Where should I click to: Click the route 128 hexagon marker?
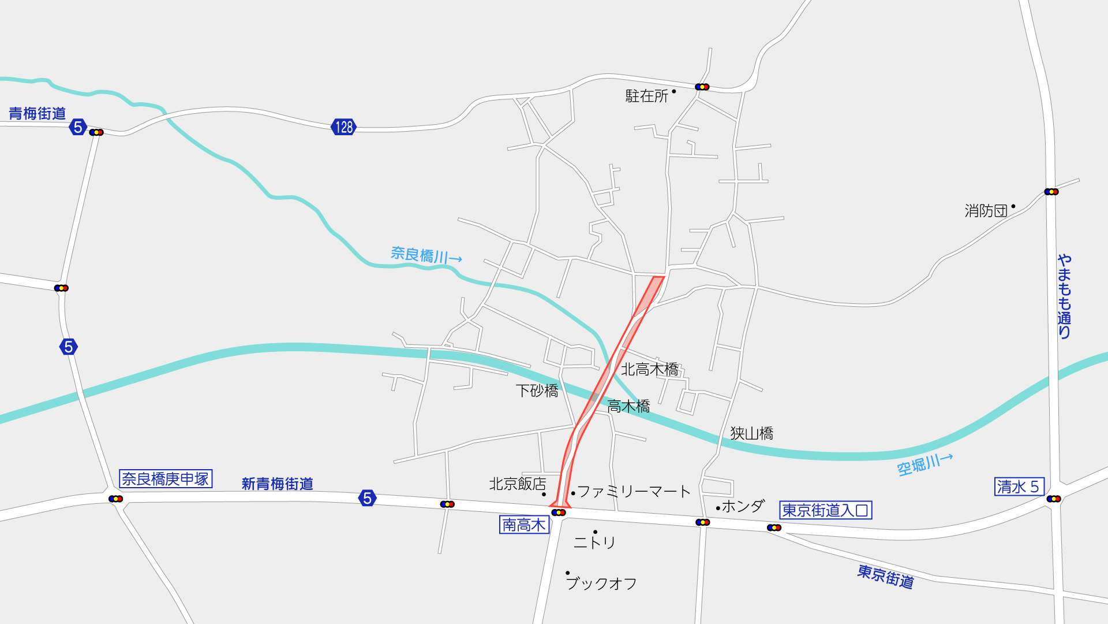(343, 127)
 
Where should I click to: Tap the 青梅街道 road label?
(38, 113)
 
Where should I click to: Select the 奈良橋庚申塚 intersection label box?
(166, 479)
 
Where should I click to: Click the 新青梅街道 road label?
(277, 484)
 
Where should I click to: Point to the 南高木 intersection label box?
(524, 525)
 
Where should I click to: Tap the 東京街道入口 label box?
(825, 510)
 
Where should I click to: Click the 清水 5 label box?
(1019, 486)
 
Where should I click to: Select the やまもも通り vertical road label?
(1064, 296)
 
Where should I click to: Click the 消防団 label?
(986, 211)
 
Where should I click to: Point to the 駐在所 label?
(647, 96)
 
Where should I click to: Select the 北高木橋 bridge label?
(649, 369)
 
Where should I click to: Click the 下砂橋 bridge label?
(537, 391)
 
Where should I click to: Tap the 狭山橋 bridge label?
(751, 433)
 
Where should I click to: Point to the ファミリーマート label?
(634, 492)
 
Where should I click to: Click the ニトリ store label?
(594, 542)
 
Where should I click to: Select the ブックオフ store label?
(601, 584)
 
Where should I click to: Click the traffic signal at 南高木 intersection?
(559, 512)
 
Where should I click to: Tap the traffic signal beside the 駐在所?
(702, 87)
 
